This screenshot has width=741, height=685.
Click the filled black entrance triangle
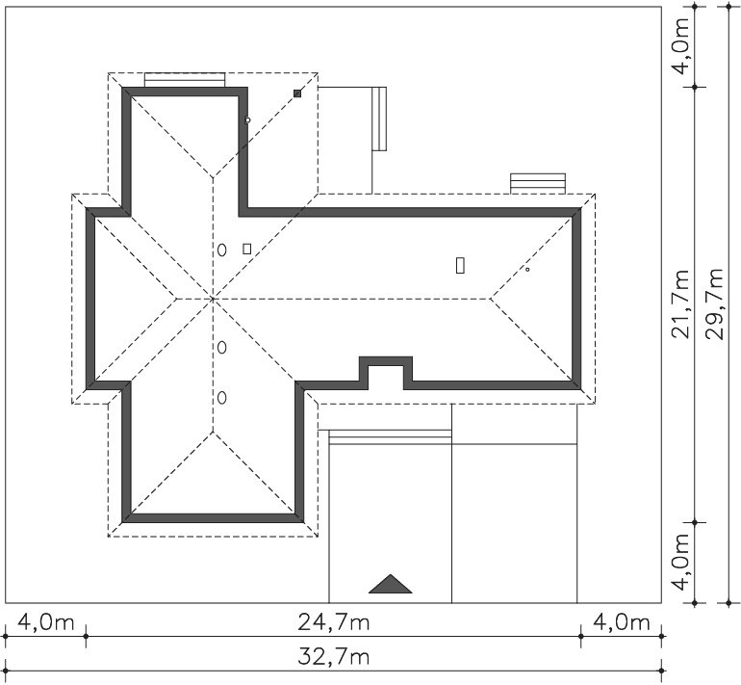(391, 584)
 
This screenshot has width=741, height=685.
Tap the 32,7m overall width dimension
(334, 657)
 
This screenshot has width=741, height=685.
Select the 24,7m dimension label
(334, 622)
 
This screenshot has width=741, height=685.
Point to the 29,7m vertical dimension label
(714, 304)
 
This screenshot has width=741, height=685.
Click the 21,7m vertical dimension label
(681, 304)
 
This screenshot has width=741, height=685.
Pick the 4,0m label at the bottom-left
(46, 622)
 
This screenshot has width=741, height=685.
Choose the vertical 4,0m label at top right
(681, 46)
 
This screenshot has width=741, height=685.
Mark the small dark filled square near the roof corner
(297, 93)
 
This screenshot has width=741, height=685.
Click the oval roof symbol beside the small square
(221, 250)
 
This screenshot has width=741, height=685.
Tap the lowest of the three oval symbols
(221, 398)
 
